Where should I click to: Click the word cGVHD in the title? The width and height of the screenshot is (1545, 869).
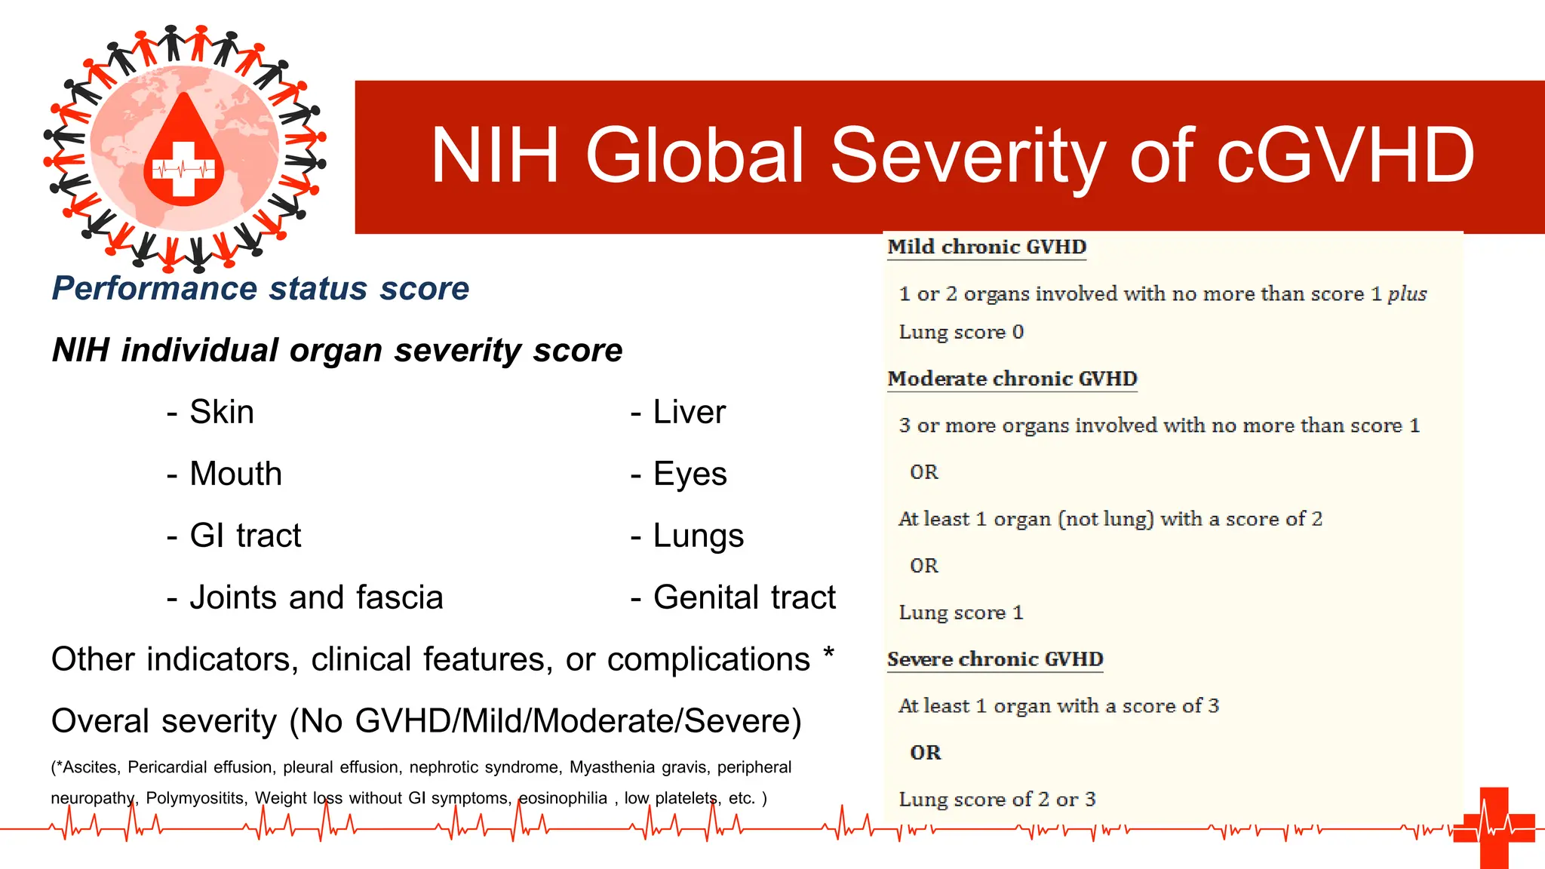[x=1345, y=155]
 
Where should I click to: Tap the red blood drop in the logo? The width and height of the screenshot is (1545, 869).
[x=184, y=155]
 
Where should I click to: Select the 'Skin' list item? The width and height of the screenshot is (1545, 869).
[x=221, y=412]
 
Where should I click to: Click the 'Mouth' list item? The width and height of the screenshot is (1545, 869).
[x=235, y=474]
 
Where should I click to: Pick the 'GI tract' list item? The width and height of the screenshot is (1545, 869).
[x=245, y=536]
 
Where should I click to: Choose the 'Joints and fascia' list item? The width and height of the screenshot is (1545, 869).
[x=316, y=597]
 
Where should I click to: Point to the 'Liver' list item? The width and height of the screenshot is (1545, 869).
[x=689, y=412]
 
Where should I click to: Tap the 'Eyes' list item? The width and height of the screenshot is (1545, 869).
[x=690, y=474]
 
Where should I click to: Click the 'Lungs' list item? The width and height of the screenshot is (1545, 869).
[x=698, y=536]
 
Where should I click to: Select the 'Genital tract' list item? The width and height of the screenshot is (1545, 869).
[x=744, y=597]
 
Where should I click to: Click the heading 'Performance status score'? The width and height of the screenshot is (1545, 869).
[x=260, y=288]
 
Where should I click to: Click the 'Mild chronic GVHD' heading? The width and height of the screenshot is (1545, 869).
[x=987, y=247]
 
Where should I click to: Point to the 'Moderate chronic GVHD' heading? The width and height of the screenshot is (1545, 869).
[x=1012, y=379]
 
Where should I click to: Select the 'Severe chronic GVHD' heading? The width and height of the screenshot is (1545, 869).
[x=995, y=659]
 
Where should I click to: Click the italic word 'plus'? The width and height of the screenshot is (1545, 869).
[x=1407, y=293]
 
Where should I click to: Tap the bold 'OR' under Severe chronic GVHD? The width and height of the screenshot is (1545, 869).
[x=926, y=753]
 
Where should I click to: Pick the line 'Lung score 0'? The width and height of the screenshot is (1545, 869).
[x=961, y=332]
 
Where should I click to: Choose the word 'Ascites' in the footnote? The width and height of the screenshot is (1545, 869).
[x=90, y=767]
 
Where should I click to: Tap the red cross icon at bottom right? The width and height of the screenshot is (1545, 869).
[x=1494, y=828]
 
